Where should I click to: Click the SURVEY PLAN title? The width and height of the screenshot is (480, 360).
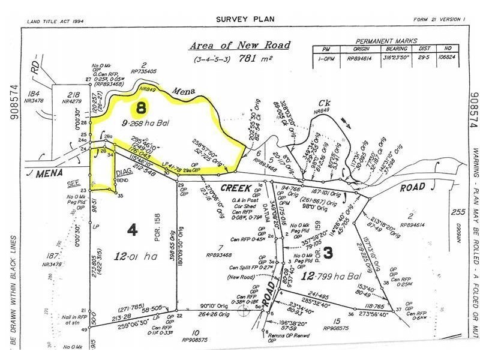click(x=245, y=19)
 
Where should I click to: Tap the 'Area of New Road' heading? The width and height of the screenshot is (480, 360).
click(x=239, y=46)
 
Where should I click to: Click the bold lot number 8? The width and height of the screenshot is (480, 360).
click(x=141, y=109)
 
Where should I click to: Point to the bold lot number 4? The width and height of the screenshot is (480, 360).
click(x=132, y=229)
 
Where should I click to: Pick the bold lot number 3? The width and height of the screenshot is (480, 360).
click(x=328, y=253)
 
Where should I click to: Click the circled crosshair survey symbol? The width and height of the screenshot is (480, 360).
click(x=244, y=311)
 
